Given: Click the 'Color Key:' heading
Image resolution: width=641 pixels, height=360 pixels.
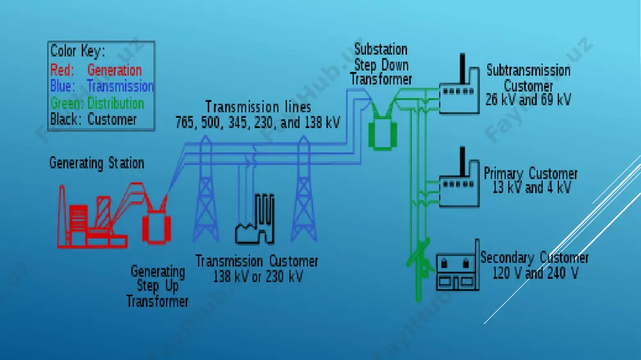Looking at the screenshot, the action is (78, 51).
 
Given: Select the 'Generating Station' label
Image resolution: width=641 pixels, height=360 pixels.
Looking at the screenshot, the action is (97, 163).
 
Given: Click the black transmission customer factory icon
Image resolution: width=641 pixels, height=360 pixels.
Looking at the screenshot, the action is (254, 219).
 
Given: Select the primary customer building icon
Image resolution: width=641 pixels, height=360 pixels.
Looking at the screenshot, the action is (460, 177).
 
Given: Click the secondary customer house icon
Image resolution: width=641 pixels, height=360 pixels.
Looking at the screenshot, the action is (458, 266).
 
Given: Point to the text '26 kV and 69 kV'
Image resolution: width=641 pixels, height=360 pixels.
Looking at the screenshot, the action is (528, 100).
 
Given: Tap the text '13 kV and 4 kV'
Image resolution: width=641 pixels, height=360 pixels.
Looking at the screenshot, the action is (531, 188).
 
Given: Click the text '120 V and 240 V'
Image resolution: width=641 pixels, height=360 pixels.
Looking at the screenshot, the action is (535, 273).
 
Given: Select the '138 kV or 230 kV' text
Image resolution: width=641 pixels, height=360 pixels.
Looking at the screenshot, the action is (258, 277).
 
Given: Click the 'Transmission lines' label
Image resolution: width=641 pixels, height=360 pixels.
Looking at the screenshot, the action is (258, 107).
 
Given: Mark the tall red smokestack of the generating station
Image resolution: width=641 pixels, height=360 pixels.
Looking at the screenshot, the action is (62, 216).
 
